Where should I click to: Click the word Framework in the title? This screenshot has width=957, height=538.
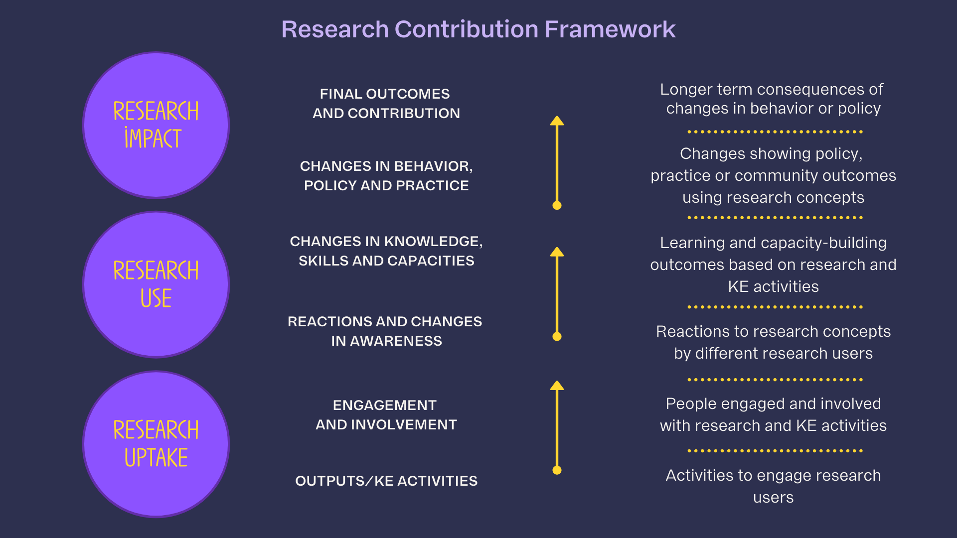610,29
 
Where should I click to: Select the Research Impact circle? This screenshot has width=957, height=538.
156,125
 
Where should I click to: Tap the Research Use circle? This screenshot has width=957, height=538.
156,284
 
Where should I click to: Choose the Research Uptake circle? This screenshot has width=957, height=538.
156,444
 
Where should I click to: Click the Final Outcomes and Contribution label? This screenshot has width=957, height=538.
386,104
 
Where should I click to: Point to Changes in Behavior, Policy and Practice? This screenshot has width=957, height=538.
386,176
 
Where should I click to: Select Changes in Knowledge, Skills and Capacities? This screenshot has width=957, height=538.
386,251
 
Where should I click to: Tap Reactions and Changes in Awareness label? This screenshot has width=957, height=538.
385,331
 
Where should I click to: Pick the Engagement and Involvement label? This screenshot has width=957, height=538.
386,415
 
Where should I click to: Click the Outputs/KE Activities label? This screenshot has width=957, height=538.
386,481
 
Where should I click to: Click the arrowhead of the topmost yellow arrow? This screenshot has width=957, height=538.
557,121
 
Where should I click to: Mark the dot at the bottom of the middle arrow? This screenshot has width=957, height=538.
557,337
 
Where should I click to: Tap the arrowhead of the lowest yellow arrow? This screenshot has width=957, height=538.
557,386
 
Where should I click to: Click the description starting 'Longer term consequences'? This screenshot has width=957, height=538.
773,99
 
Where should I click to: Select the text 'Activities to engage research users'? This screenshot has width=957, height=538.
773,486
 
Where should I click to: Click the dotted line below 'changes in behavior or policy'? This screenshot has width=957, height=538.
775,132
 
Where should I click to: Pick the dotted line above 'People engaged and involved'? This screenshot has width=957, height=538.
775,380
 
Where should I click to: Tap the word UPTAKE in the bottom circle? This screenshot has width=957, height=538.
156,458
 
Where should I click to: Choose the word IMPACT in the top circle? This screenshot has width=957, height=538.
153,138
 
